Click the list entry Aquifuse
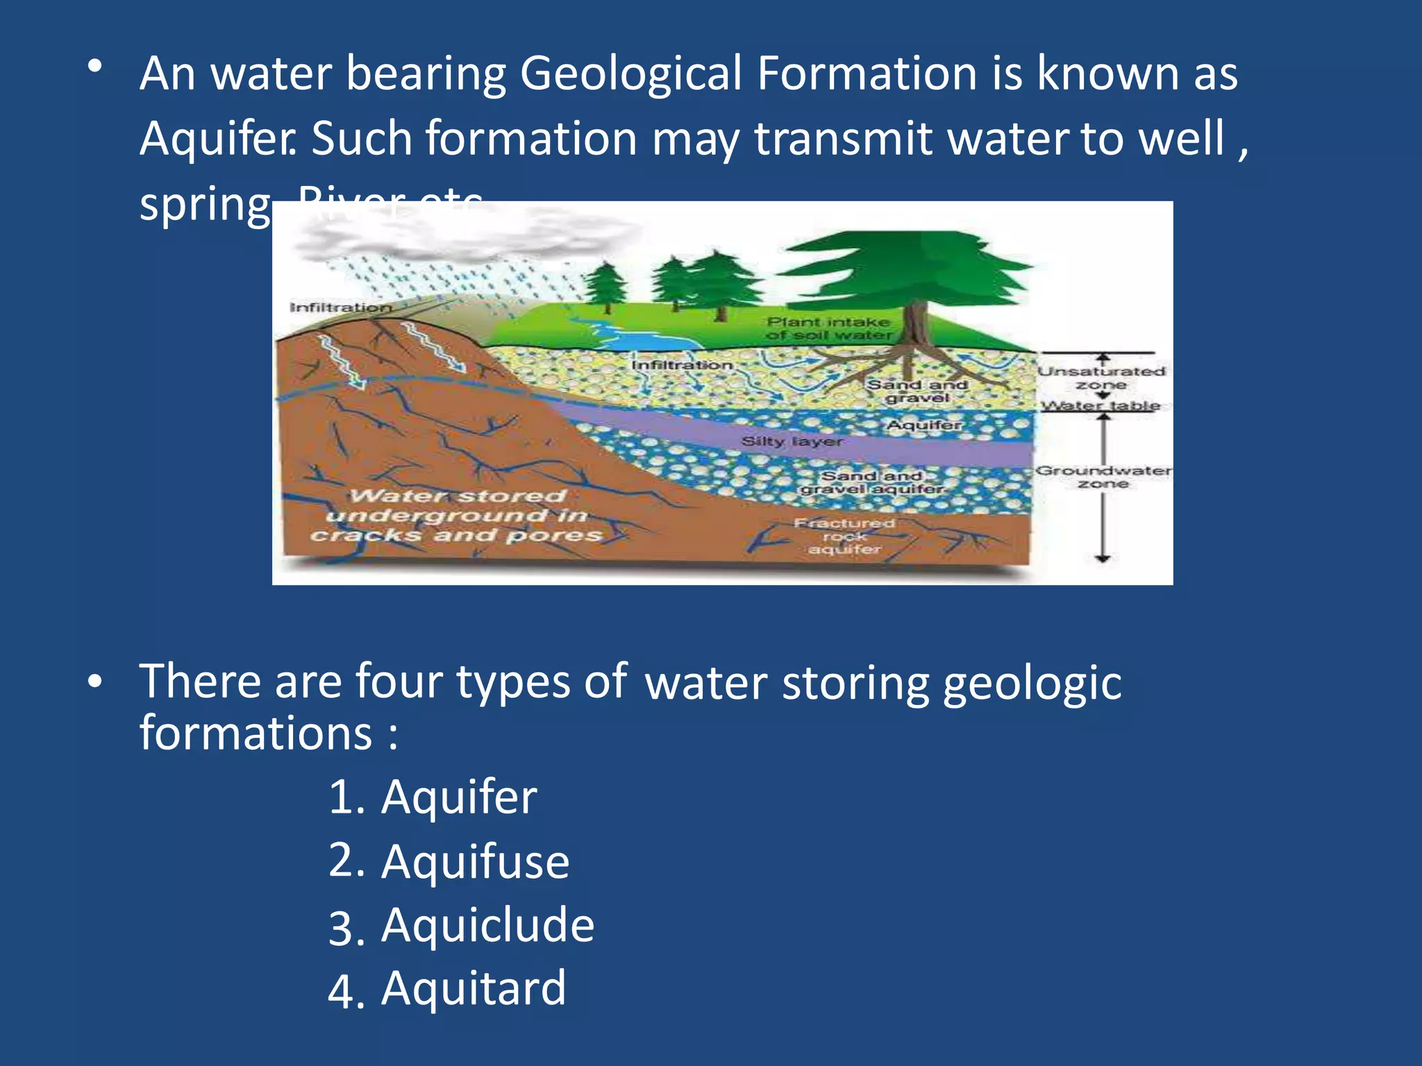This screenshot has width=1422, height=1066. coord(449,861)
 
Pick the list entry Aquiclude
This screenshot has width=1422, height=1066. coord(461,926)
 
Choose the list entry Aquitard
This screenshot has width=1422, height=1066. coord(446,989)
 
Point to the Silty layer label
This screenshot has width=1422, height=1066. coord(792,441)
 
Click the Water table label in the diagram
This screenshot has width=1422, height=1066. coord(1101,405)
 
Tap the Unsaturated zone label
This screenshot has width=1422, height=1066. coord(1101,378)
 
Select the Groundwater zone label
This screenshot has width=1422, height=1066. coord(1103,477)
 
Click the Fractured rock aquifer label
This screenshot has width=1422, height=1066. coord(844,536)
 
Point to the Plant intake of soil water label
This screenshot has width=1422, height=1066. coord(828,328)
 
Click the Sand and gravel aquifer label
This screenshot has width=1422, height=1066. coord(872,482)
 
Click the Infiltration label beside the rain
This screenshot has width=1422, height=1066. coord(340,307)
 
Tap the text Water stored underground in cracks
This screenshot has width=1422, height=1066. coord(456,515)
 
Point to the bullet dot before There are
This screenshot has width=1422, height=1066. coord(95,682)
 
